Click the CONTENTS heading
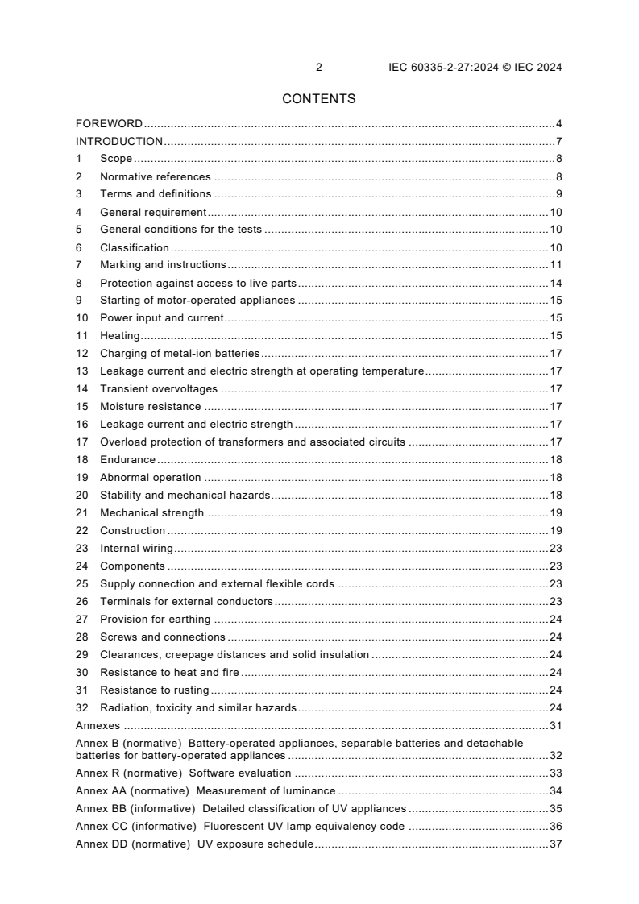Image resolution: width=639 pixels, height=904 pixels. click(318, 99)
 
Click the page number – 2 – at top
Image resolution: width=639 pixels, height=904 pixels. click(318, 68)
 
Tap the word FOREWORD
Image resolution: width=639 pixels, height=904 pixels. click(109, 124)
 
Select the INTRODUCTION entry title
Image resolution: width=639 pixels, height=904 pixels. click(119, 142)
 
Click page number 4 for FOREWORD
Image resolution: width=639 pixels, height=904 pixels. click(558, 124)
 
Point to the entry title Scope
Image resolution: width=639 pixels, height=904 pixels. click(116, 160)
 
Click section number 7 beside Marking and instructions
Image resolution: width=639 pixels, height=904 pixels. click(79, 265)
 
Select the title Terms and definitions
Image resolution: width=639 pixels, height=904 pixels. click(156, 194)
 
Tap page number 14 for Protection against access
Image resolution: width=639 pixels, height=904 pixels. click(555, 283)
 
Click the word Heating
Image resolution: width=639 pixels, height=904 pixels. click(119, 336)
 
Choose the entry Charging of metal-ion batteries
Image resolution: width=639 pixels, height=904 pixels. click(180, 354)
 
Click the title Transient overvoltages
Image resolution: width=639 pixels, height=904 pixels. click(159, 389)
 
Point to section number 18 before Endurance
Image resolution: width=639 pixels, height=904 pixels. click(81, 460)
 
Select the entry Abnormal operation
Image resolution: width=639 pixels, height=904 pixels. click(150, 478)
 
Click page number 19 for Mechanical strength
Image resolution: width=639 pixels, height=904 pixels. click(555, 513)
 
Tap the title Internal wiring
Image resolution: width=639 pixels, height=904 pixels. click(136, 549)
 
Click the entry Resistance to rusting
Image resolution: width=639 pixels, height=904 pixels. click(154, 690)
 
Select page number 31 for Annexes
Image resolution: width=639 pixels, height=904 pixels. click(555, 726)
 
